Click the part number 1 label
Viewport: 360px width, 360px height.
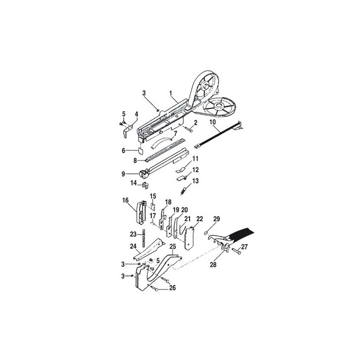[x=171, y=93]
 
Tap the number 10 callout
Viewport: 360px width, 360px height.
[x=212, y=121]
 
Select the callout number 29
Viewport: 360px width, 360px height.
[x=216, y=219]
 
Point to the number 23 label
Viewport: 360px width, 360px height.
[x=133, y=234]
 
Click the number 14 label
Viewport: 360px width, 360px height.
[x=133, y=183]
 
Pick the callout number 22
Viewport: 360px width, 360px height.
[x=200, y=219]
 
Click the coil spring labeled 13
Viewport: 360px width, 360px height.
[x=183, y=191]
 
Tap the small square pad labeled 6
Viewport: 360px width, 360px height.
[x=140, y=151]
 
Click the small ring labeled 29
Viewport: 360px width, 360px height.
[x=206, y=233]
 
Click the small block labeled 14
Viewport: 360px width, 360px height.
[x=145, y=185]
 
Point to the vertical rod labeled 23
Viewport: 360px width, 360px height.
[x=143, y=238]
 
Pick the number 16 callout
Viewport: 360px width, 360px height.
[x=126, y=200]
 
